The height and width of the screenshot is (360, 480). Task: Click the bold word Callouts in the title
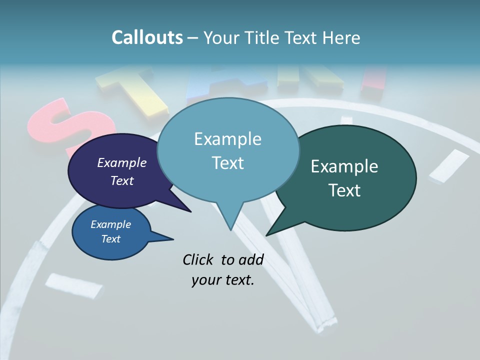147,37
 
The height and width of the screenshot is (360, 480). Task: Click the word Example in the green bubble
344,166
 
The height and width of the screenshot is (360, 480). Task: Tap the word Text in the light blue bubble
228,163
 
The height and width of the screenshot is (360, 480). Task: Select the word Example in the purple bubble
122,162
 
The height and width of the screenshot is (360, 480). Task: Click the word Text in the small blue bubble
111,239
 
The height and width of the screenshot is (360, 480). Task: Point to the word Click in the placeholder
198,259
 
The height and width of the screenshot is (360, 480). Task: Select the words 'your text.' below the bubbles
223,280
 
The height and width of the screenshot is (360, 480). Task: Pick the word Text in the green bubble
344,190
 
